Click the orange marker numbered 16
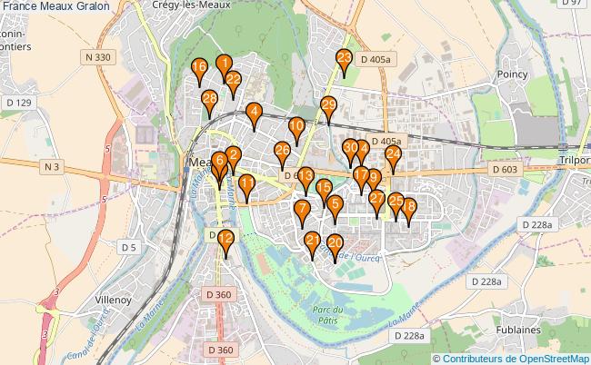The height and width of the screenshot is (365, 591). [199, 68]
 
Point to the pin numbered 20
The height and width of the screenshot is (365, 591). [335, 244]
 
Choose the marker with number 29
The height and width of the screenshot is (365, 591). [328, 106]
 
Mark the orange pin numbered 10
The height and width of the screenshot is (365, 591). [296, 127]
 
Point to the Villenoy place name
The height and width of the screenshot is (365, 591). [114, 299]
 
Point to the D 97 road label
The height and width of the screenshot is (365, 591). [573, 4]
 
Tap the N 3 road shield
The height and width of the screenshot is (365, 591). [52, 166]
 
